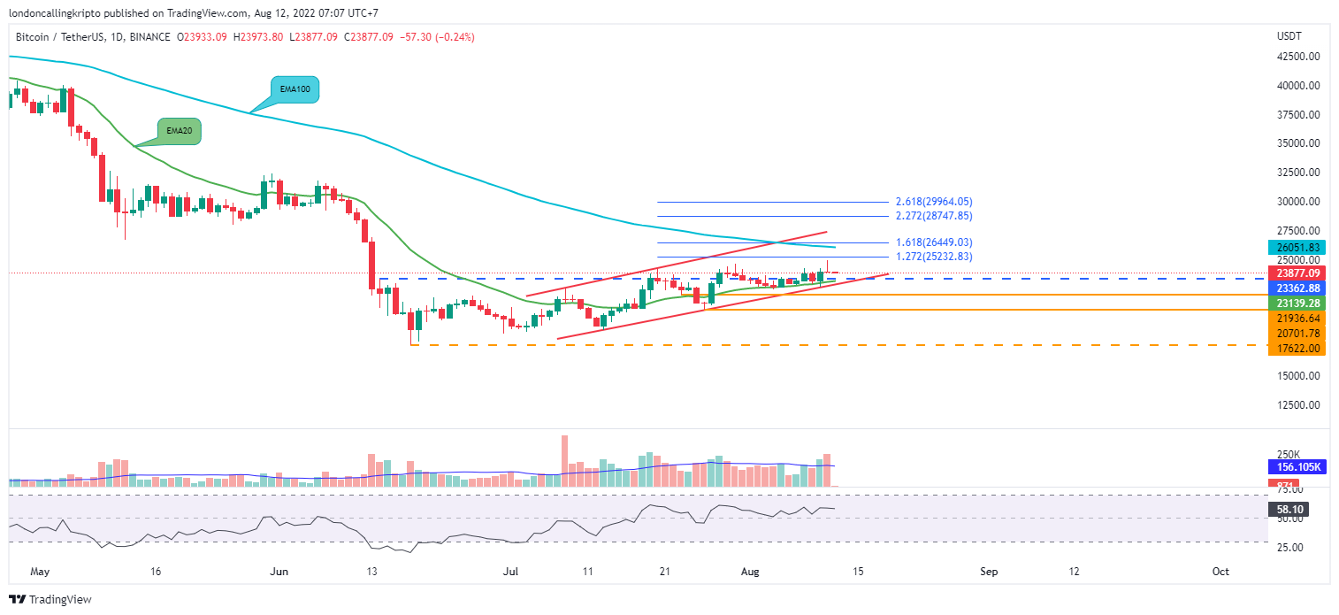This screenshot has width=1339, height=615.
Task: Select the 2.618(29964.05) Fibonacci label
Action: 934,202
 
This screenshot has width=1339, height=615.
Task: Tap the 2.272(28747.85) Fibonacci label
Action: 934,216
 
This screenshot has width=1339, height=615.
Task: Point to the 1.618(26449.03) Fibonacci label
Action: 934,242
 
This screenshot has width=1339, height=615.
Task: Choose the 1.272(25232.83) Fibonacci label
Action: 934,257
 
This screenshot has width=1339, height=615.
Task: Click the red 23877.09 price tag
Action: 1297,273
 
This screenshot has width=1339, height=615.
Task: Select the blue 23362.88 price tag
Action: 1297,288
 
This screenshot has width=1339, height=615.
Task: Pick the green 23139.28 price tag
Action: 1297,303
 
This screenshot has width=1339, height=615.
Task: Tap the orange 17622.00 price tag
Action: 1297,349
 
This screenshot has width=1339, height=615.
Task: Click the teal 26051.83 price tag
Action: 1297,248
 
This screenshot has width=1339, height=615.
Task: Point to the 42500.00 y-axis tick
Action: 1298,57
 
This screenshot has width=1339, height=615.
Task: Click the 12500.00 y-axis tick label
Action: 1298,405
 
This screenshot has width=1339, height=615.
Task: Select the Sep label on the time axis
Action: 989,572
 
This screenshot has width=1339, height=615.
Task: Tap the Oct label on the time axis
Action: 1220,572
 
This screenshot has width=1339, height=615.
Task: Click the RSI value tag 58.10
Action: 1288,510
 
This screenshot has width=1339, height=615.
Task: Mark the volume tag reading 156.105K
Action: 1297,467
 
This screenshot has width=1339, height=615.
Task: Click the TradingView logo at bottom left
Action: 50,600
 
